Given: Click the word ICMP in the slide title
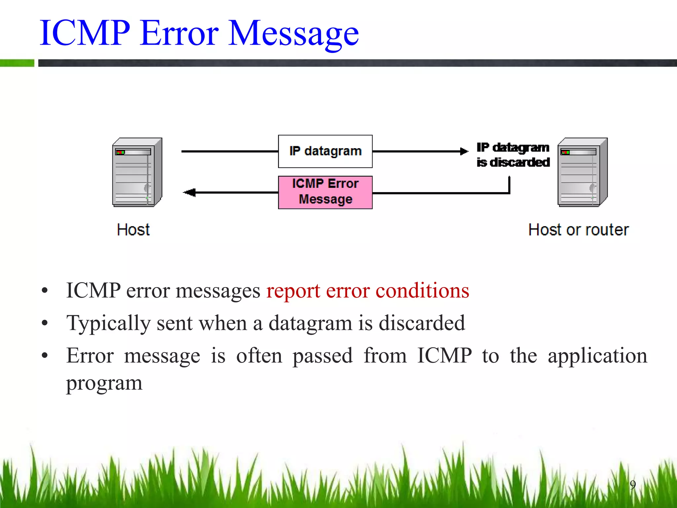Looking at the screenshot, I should (85, 33).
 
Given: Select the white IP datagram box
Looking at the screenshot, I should (325, 151).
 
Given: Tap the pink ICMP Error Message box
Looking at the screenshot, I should (325, 192).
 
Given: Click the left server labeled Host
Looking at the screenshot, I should (137, 172).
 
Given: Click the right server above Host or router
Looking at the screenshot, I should (582, 172).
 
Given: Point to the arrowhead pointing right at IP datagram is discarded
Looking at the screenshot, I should (465, 151).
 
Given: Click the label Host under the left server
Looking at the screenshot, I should (133, 230).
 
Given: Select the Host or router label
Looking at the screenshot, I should (578, 230).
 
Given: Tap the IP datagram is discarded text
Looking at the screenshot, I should (513, 155).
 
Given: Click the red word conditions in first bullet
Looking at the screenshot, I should (422, 291).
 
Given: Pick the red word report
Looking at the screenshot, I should (293, 291).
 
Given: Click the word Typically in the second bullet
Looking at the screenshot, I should (108, 323).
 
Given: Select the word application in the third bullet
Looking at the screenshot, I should (597, 356).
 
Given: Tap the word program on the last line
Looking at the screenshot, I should (104, 383).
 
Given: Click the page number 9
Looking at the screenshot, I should (633, 485).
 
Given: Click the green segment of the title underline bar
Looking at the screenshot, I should (17, 63).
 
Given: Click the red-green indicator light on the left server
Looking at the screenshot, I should (120, 152).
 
